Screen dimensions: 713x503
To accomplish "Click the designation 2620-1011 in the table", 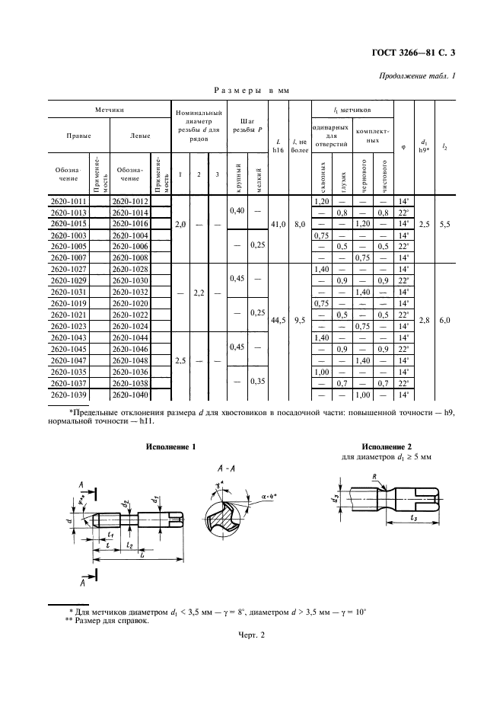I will coord(68,201).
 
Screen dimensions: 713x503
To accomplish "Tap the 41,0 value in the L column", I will coord(279,225).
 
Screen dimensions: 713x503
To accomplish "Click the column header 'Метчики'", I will coord(110,110).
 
